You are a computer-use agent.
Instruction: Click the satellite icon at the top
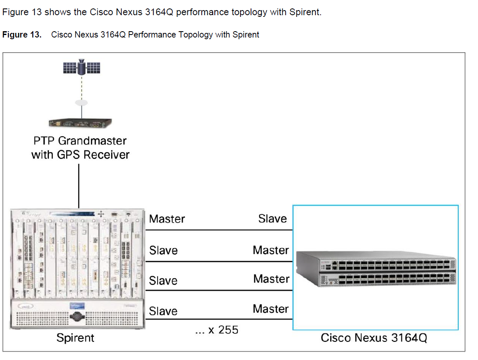pyautogui.click(x=81, y=67)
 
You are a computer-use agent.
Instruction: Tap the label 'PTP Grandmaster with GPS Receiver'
pyautogui.click(x=80, y=148)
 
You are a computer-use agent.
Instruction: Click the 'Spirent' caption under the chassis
pyautogui.click(x=75, y=338)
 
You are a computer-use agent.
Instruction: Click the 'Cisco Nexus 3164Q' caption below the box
pyautogui.click(x=374, y=338)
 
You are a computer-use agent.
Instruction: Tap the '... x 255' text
pyautogui.click(x=217, y=330)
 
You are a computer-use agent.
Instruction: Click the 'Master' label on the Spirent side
pyautogui.click(x=167, y=219)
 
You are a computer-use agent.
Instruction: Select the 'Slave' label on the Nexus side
pyautogui.click(x=272, y=218)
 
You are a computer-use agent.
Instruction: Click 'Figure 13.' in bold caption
pyautogui.click(x=22, y=35)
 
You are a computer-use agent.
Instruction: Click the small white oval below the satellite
pyautogui.click(x=81, y=102)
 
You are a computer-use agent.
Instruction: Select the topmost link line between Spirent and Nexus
pyautogui.click(x=219, y=230)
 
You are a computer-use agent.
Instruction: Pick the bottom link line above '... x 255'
pyautogui.click(x=219, y=319)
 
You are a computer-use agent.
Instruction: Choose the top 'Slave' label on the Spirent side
pyautogui.click(x=163, y=250)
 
